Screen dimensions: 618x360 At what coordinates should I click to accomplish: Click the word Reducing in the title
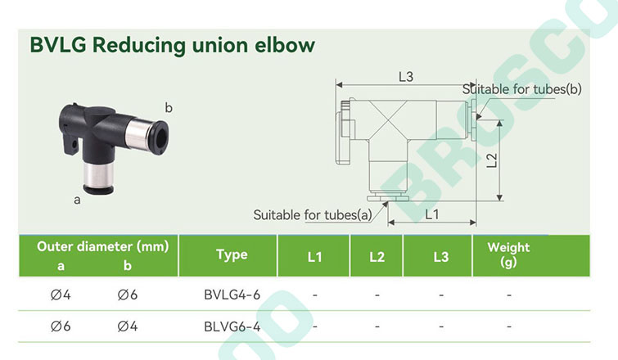click(x=138, y=46)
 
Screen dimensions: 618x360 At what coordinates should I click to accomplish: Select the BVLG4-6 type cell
click(x=232, y=295)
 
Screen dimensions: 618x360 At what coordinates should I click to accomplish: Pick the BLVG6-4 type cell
click(x=232, y=326)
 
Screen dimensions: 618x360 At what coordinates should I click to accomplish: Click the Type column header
click(x=232, y=254)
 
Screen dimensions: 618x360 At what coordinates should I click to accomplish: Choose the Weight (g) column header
click(x=508, y=254)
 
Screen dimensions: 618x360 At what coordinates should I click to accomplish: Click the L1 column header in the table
click(x=314, y=257)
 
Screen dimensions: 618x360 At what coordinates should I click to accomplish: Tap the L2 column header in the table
click(x=377, y=257)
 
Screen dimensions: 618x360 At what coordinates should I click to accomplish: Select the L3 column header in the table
click(x=441, y=257)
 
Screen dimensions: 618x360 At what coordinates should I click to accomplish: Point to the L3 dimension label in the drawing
click(x=406, y=76)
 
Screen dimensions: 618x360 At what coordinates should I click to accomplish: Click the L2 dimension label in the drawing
click(x=492, y=160)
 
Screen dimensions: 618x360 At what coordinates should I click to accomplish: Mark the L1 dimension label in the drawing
click(x=432, y=214)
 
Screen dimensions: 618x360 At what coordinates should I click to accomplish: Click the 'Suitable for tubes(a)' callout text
click(x=313, y=215)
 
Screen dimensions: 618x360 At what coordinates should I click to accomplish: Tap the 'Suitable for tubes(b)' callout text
click(x=522, y=89)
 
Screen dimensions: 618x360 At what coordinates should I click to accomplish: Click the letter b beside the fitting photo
click(x=169, y=107)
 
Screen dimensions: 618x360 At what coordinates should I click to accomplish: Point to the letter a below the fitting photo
click(x=77, y=200)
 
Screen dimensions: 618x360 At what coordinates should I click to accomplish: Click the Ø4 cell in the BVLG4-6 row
click(x=61, y=295)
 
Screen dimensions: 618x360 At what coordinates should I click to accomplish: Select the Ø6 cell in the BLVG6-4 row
click(x=61, y=326)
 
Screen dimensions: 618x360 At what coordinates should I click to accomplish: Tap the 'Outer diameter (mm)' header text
click(x=103, y=247)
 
